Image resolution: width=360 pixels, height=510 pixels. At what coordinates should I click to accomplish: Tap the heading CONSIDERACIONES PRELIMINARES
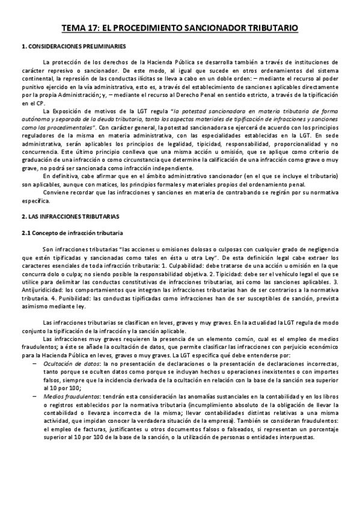coord(78,46)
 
